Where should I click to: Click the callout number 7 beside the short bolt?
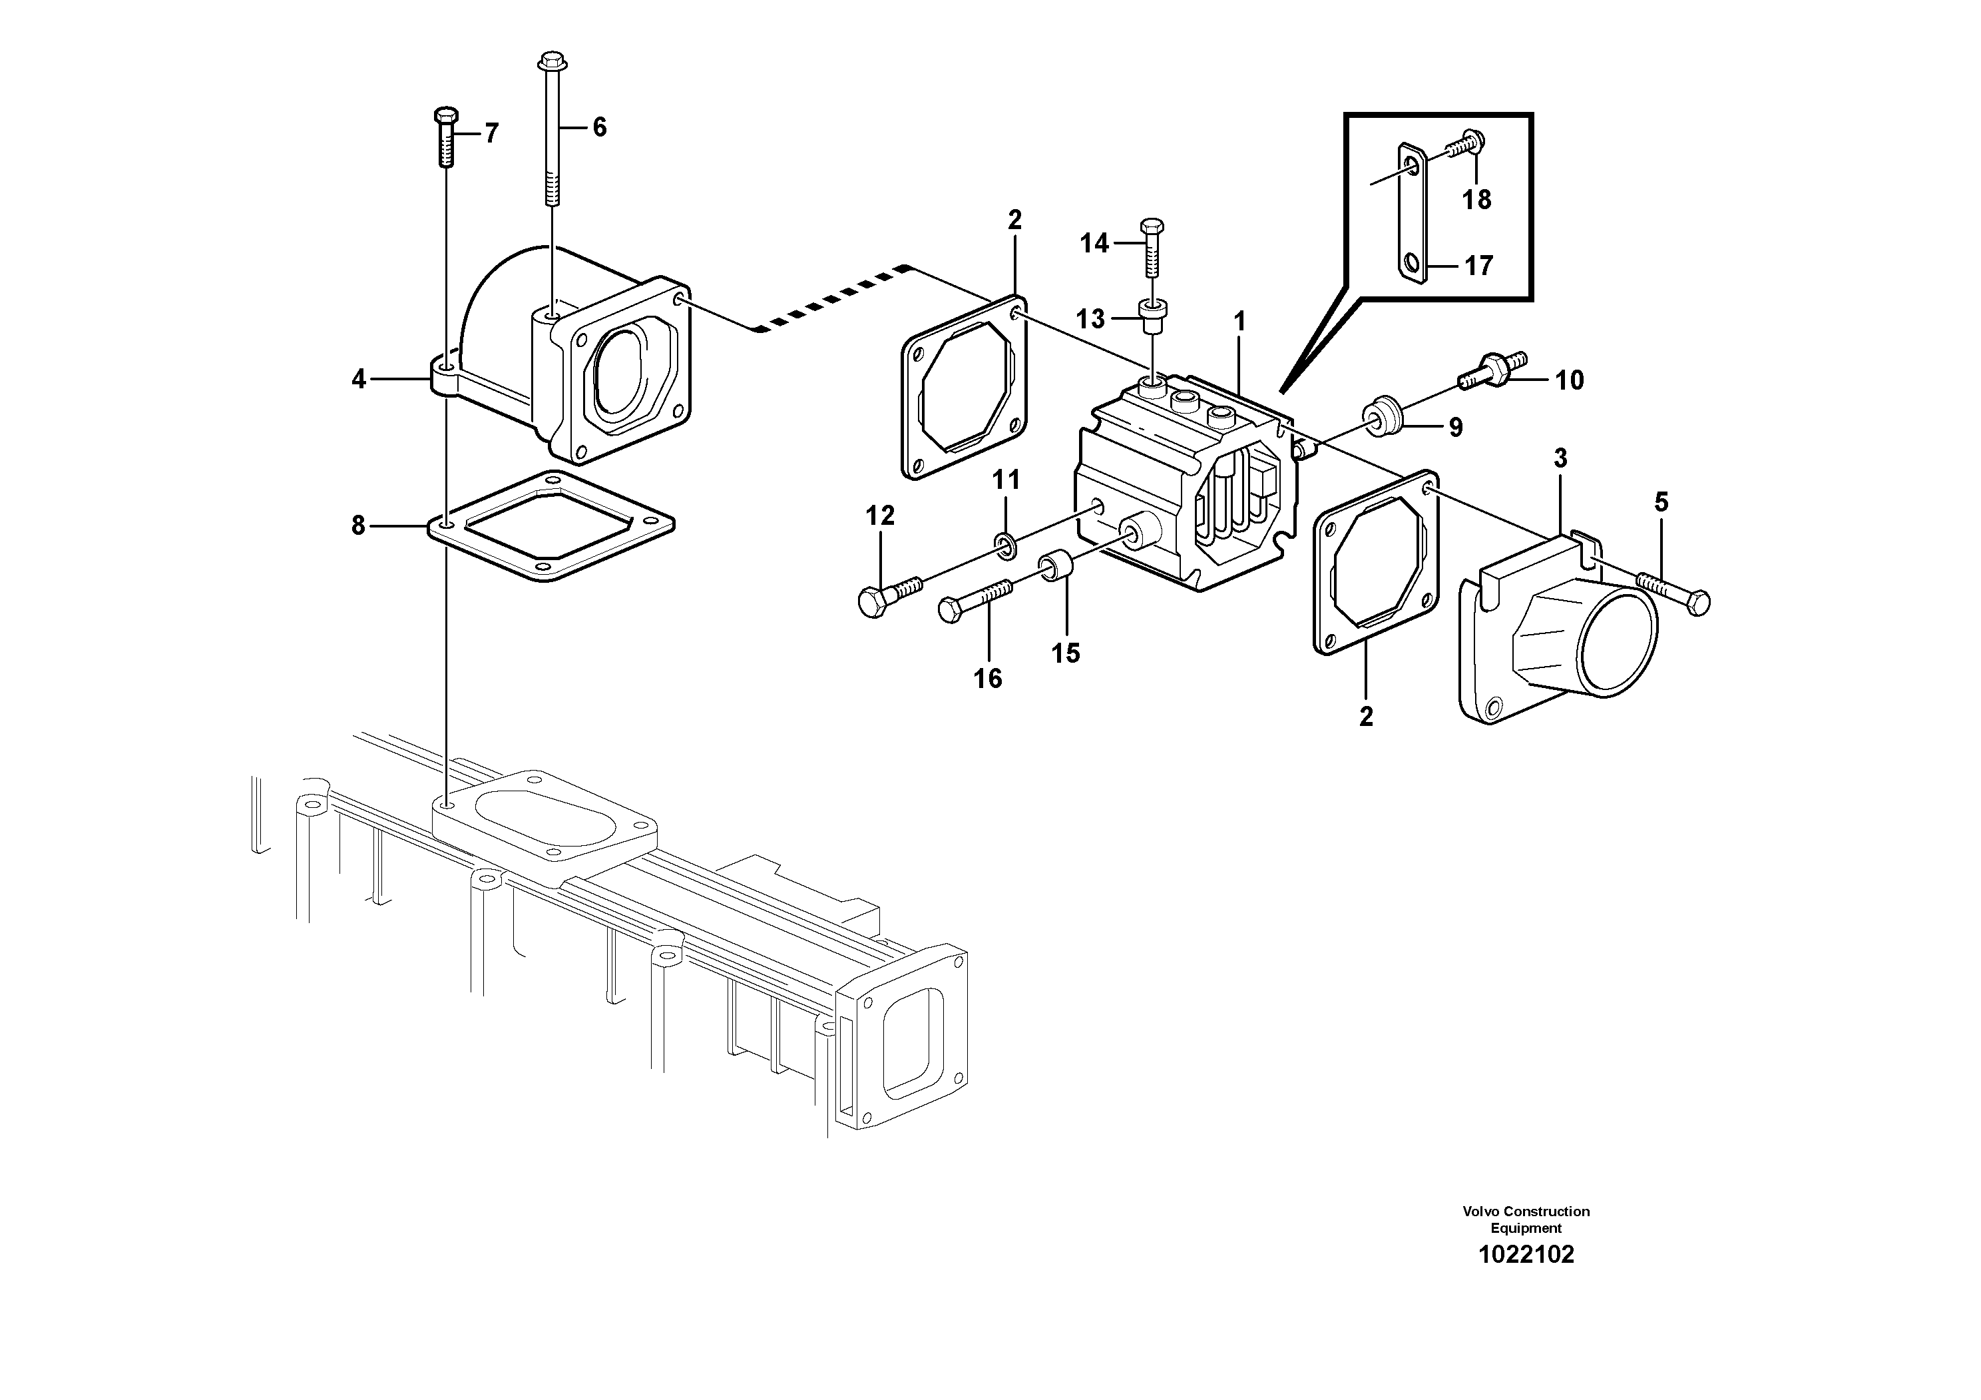pyautogui.click(x=491, y=134)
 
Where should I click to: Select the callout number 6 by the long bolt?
pyautogui.click(x=599, y=128)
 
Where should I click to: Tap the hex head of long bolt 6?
pyautogui.click(x=551, y=62)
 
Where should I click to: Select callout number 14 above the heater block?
pyautogui.click(x=1094, y=244)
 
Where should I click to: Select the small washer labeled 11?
pyautogui.click(x=1004, y=543)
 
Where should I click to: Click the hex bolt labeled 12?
pyautogui.click(x=889, y=595)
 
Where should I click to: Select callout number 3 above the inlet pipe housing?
pyautogui.click(x=1560, y=458)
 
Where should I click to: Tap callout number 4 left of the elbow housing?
pyautogui.click(x=359, y=379)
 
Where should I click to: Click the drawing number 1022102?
pyautogui.click(x=1526, y=1254)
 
